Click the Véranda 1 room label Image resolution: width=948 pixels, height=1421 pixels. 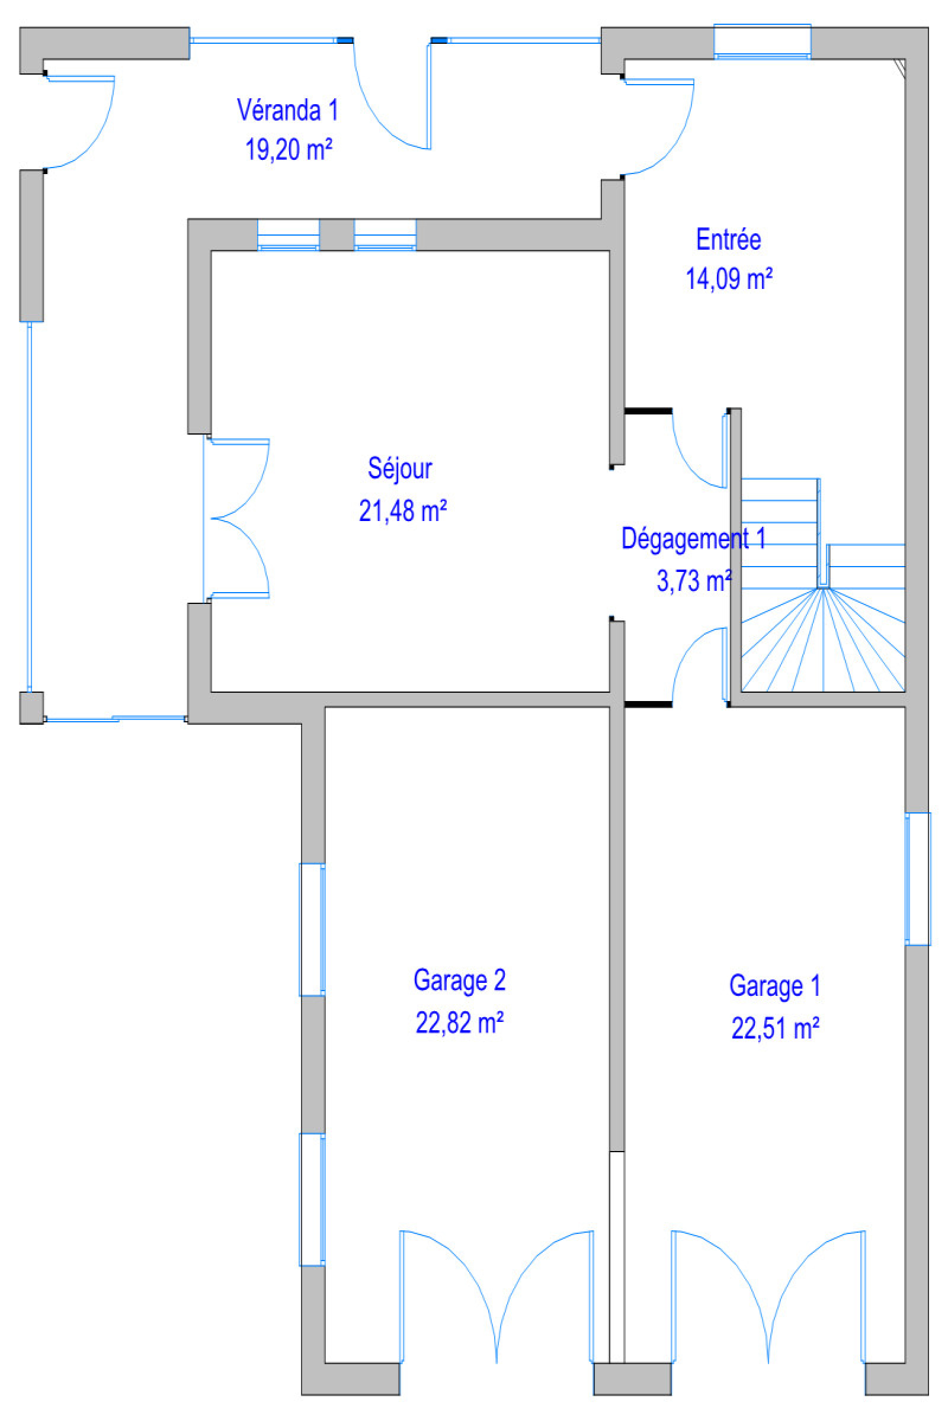pos(287,111)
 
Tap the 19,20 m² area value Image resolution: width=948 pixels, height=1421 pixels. pos(289,149)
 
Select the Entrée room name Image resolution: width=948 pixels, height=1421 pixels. pos(728,240)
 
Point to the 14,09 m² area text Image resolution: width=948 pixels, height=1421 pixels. pos(729,279)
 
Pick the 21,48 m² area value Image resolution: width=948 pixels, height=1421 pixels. pos(403,511)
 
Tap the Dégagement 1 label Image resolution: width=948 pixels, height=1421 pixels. pos(693,538)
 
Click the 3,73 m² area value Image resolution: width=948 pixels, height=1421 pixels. pos(694,581)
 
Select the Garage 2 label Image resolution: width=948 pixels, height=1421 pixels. pos(460,980)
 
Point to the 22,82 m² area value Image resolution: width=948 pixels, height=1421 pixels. pos(460,1023)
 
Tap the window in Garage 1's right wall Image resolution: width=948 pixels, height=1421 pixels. pos(917,879)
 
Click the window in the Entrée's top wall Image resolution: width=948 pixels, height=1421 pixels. pos(762,41)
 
